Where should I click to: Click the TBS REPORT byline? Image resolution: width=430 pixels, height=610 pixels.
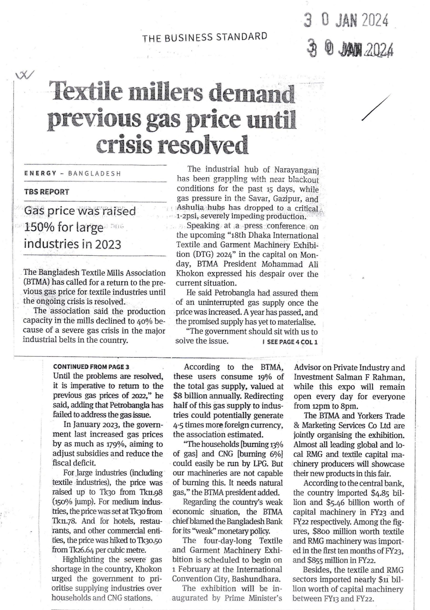click(46, 192)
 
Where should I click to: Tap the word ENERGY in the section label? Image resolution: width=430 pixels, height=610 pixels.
click(40, 173)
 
